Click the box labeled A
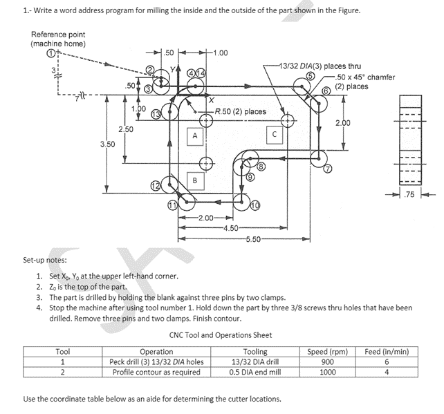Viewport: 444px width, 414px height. click(195, 136)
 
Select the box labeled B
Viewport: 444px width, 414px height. click(195, 181)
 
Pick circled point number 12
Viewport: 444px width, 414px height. click(156, 186)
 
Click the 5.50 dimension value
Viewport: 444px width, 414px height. click(253, 239)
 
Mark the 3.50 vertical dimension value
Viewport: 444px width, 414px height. click(107, 144)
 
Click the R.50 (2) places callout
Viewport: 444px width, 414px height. click(240, 111)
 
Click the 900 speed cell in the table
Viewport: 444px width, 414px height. click(328, 361)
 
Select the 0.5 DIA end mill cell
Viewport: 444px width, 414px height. click(255, 372)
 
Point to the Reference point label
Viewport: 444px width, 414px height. click(58, 35)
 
